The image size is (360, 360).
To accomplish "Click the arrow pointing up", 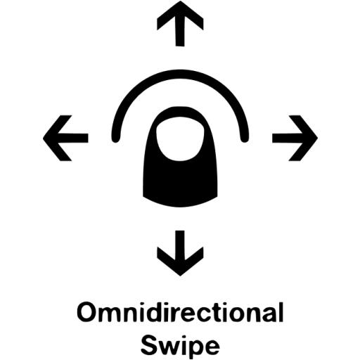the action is click(180, 23).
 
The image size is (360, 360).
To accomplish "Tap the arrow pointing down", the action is click(180, 253).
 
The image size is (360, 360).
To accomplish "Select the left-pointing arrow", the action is click(65, 138).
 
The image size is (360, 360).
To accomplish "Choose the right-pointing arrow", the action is click(295, 138).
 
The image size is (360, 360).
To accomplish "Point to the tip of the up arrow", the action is click(180, 1).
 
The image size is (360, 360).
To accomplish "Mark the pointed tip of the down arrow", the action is click(180, 276).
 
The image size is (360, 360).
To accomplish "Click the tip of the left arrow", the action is click(44, 138).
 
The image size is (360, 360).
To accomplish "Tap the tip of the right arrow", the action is click(317, 138).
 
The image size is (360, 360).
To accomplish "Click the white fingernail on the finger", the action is click(180, 141).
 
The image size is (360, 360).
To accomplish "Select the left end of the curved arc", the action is click(115, 139).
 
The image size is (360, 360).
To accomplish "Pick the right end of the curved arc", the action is click(245, 139).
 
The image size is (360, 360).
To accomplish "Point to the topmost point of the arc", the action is click(180, 74).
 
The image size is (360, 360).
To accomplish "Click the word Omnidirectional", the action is click(180, 312).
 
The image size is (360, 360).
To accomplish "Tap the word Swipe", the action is click(180, 346).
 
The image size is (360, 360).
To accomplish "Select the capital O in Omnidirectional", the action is click(86, 313).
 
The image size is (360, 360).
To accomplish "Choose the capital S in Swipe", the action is click(149, 346).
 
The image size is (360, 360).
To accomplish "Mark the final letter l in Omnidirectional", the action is click(281, 312).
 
